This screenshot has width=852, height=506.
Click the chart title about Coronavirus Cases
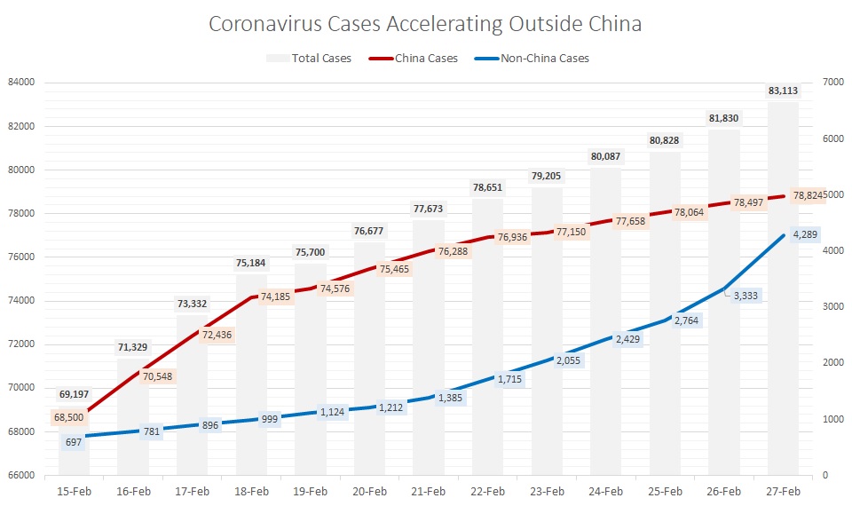pos(424,24)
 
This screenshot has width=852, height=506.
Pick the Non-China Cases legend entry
pos(542,59)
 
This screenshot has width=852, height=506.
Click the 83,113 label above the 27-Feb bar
pos(784,91)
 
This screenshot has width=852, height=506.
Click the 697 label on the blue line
pos(74,441)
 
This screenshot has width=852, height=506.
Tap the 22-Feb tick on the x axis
pos(488,491)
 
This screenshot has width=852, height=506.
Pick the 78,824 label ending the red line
pos(808,195)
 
